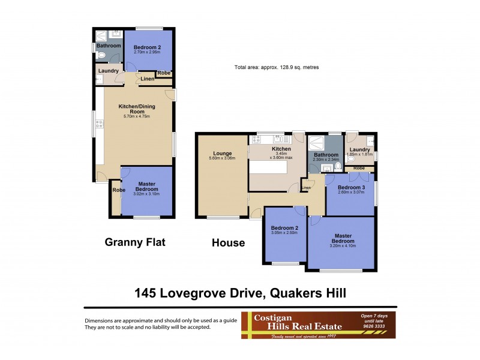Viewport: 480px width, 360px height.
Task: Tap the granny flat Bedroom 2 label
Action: coord(147,47)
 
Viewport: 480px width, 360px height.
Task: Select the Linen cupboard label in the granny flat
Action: coord(148,79)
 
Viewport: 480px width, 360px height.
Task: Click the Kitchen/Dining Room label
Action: coord(132,109)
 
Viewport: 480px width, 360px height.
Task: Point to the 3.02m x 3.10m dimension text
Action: coord(147,194)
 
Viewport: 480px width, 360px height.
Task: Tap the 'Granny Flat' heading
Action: coord(135,242)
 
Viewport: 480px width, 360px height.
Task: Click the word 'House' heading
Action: coord(228,243)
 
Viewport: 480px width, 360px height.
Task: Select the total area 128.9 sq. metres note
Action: coord(276,67)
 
